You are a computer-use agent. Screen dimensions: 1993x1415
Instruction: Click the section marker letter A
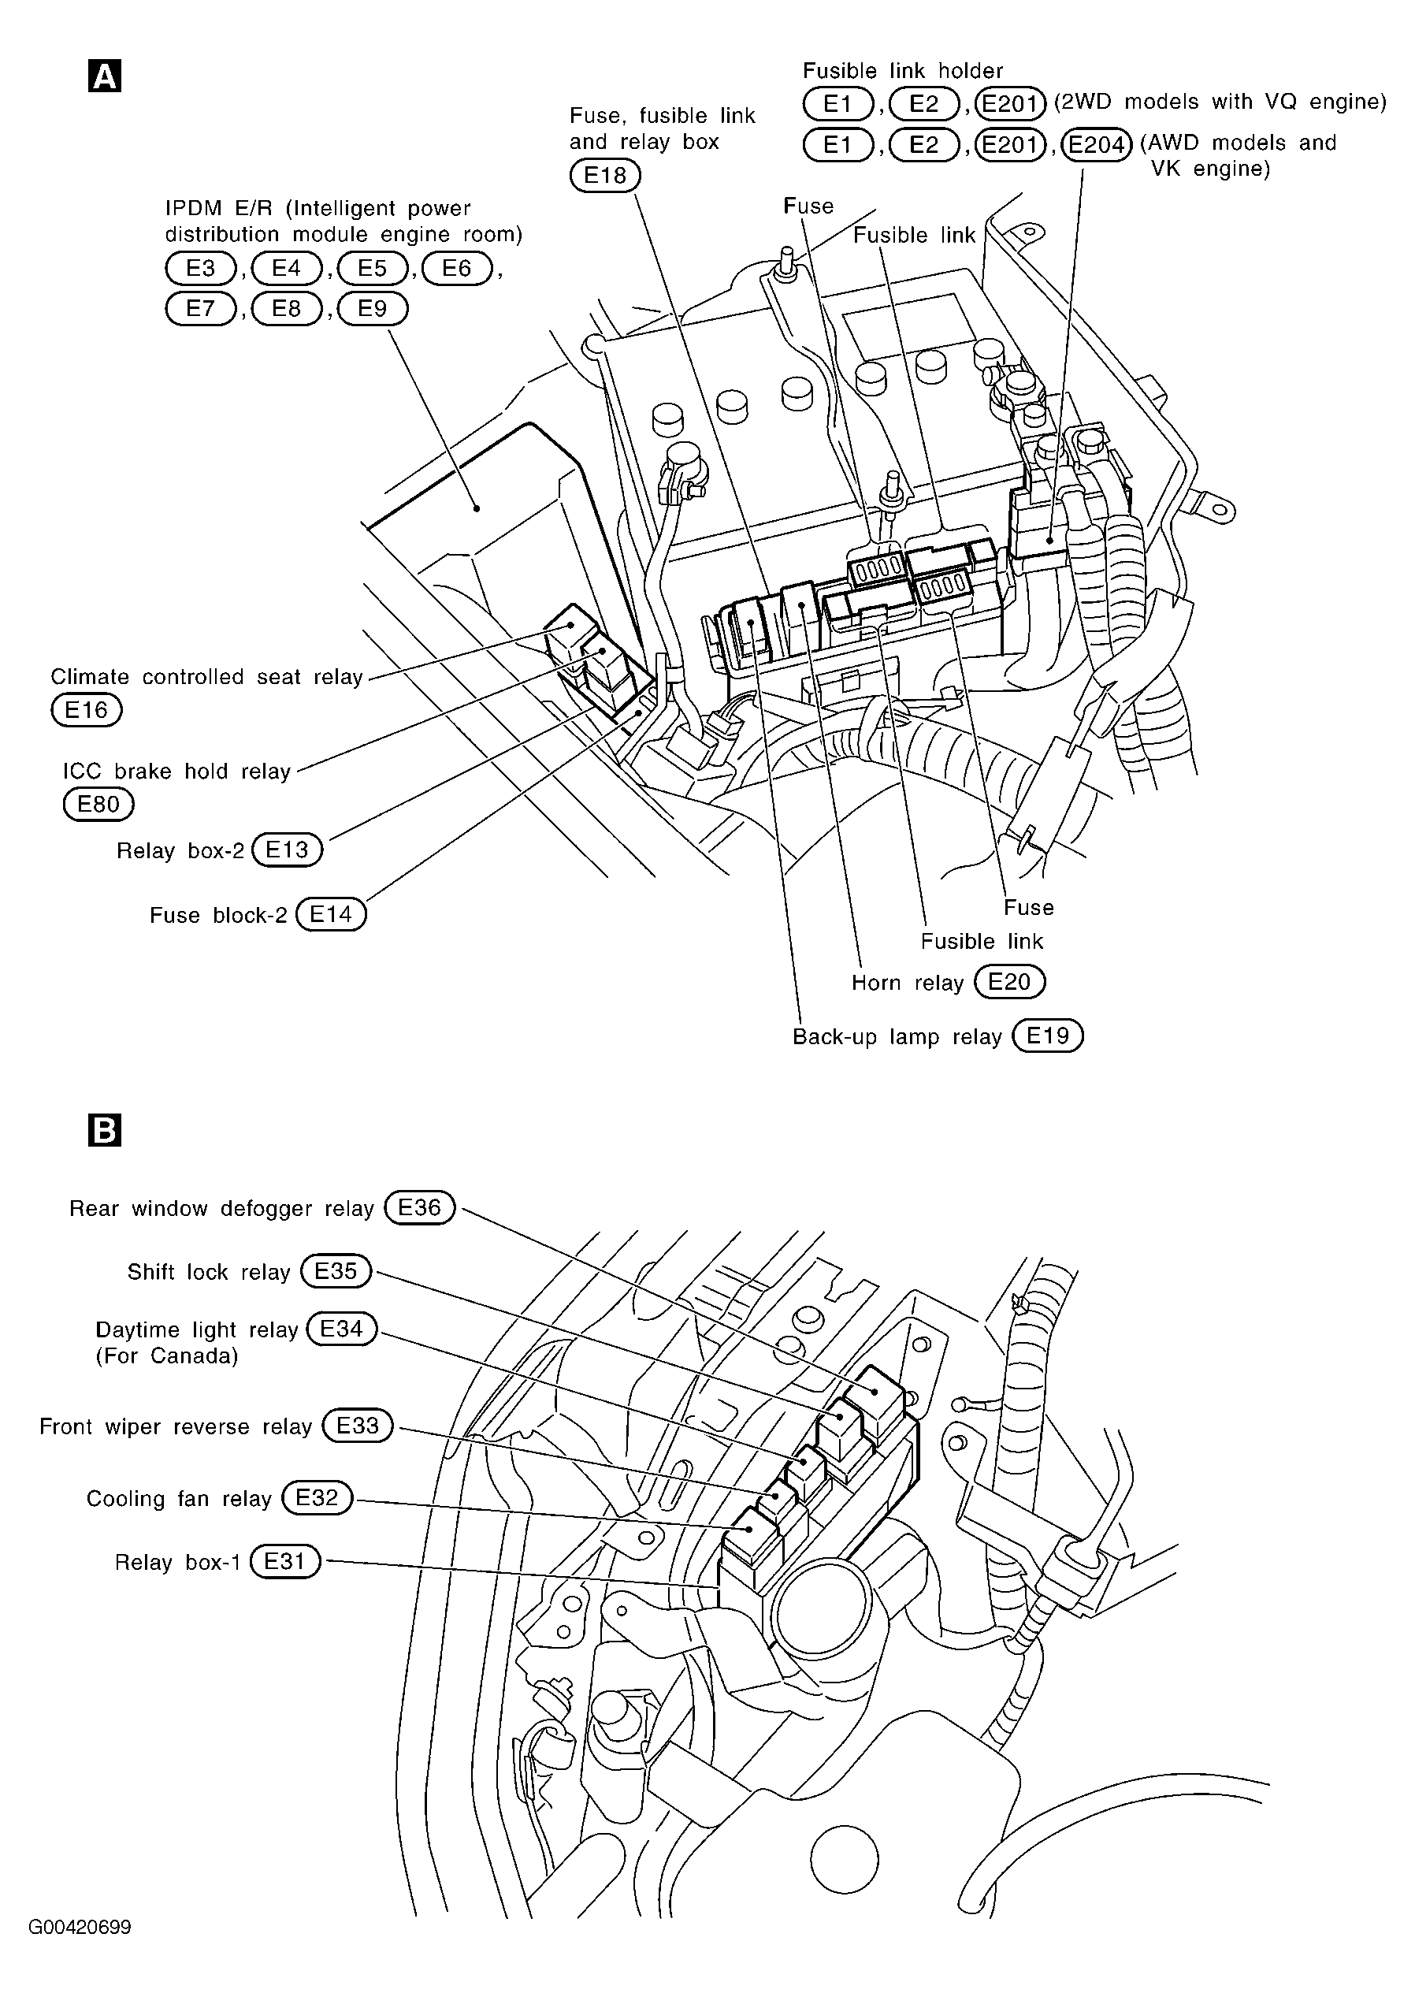[x=105, y=76]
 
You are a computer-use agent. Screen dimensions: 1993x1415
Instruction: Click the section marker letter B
[x=105, y=1130]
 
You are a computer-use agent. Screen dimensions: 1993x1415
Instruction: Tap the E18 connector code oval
[x=605, y=176]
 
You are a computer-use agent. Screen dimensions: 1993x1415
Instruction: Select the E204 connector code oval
[x=1096, y=143]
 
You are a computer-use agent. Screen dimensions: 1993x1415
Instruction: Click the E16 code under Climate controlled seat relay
[x=86, y=710]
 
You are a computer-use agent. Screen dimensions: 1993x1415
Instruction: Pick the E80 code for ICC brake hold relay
[x=98, y=804]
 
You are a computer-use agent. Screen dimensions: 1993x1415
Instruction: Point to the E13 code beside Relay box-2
[x=287, y=849]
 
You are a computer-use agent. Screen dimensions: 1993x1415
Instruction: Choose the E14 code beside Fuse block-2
[x=331, y=914]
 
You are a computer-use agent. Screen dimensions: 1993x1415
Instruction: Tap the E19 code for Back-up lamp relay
[x=1047, y=1036]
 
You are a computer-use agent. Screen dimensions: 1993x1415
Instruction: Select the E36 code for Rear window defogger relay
[x=420, y=1208]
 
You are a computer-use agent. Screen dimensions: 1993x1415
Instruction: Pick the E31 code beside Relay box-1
[x=285, y=1561]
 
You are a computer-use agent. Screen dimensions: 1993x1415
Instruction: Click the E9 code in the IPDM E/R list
[x=372, y=308]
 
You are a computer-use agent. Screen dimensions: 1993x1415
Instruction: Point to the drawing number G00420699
[x=80, y=1927]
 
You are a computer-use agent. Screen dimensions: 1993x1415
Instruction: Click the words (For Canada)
[x=166, y=1356]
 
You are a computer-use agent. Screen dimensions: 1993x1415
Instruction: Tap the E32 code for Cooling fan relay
[x=318, y=1497]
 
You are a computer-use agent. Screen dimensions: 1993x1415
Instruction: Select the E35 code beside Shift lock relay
[x=336, y=1271]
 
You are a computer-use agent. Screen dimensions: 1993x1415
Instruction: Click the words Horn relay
[x=907, y=983]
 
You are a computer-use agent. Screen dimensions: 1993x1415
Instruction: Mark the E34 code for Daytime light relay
[x=342, y=1329]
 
